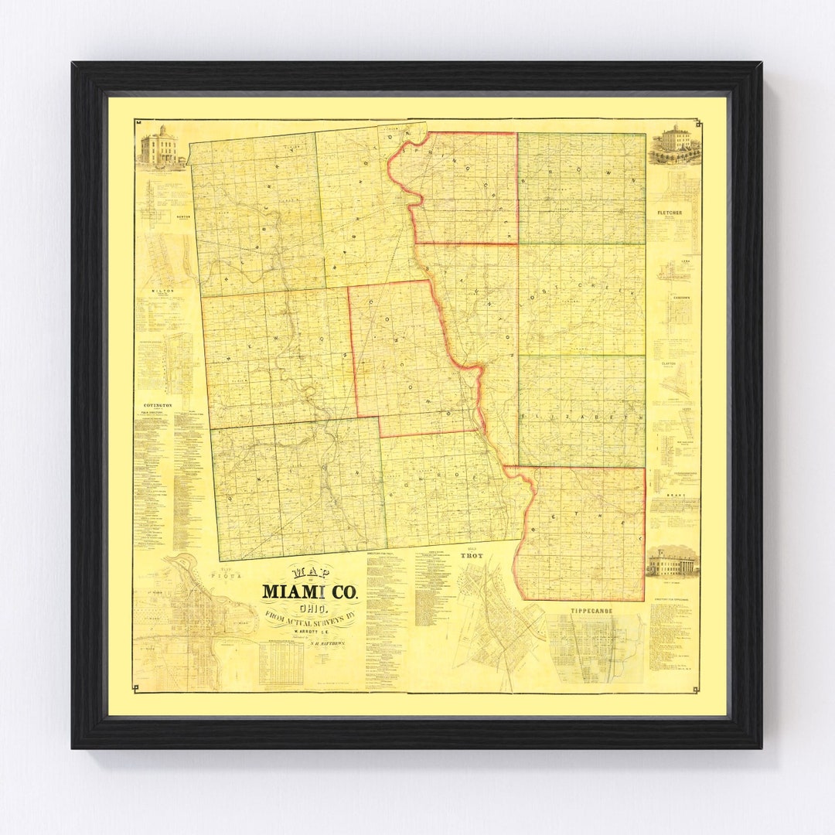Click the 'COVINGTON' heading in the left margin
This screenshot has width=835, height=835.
click(157, 404)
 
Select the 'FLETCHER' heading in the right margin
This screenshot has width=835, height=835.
click(669, 212)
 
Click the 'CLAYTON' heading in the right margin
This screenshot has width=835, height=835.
click(668, 363)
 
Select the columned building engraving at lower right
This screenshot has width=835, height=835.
click(672, 562)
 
